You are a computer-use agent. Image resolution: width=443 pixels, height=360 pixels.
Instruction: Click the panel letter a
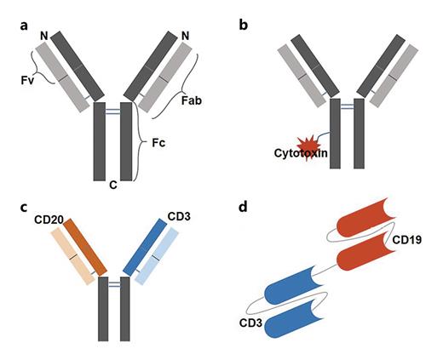[x=25, y=26]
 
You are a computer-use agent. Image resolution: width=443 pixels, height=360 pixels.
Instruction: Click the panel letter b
[x=244, y=26]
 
